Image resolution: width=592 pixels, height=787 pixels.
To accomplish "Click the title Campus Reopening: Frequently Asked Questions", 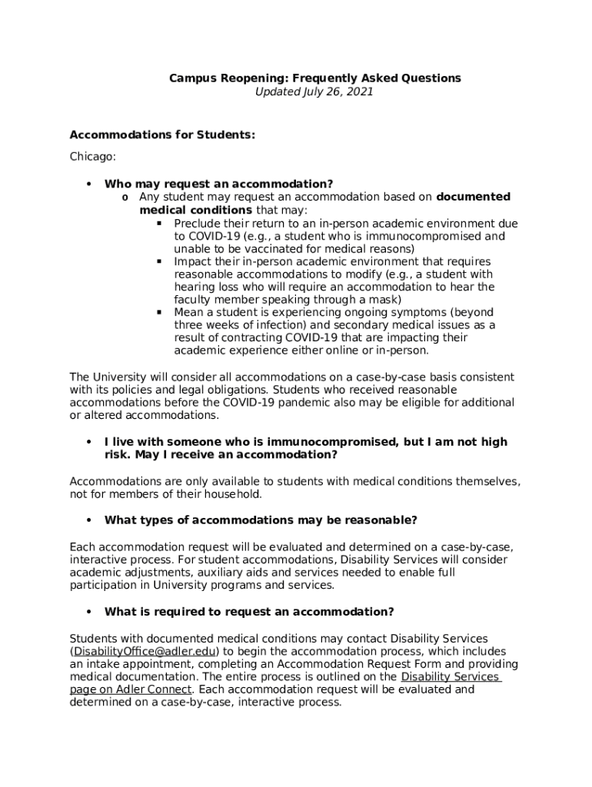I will [314, 78].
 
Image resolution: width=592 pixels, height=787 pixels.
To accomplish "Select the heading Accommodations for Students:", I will [162, 135].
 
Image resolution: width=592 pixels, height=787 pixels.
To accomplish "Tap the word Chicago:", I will [93, 157].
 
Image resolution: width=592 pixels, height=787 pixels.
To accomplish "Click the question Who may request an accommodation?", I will [218, 184].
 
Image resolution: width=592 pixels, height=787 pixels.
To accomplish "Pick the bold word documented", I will [474, 198].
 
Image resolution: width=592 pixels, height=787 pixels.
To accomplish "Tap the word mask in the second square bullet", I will [385, 300].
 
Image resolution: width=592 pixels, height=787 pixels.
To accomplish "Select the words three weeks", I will [205, 325].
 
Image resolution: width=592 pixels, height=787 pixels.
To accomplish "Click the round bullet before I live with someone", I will [89, 442].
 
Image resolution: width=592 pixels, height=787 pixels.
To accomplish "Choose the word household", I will [234, 494].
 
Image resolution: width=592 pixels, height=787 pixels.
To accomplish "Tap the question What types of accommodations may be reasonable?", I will [261, 520].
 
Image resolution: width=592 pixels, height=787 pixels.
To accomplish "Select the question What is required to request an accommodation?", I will [249, 612].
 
